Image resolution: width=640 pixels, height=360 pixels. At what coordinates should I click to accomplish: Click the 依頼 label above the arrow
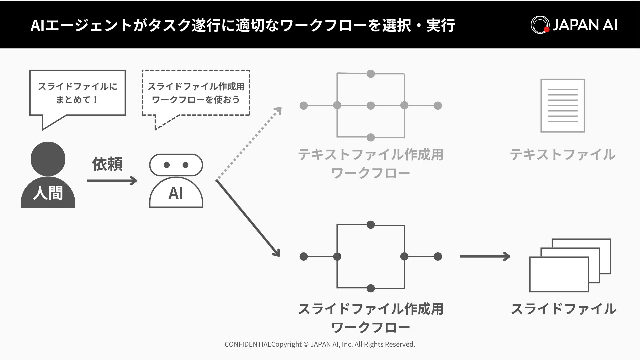(107, 164)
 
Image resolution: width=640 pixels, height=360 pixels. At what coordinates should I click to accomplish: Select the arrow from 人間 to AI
(112, 181)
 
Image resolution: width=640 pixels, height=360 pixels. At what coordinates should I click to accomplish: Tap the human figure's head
(48, 159)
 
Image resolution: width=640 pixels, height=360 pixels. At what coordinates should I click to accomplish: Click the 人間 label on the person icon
(48, 193)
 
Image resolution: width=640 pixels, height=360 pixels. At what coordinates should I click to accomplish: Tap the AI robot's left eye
(167, 165)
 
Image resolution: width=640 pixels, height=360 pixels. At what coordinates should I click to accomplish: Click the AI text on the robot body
(176, 193)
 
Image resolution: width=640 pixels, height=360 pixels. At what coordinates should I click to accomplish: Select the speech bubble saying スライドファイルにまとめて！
(77, 93)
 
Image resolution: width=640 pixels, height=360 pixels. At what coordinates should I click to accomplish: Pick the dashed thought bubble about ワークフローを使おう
(196, 93)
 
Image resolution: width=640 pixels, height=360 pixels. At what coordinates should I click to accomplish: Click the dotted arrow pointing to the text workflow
(249, 143)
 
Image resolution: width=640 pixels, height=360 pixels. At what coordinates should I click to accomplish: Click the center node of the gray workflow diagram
(371, 106)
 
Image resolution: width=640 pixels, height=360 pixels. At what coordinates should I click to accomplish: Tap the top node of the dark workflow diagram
(371, 225)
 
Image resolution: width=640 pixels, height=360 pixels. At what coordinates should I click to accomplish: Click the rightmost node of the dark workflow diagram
(438, 256)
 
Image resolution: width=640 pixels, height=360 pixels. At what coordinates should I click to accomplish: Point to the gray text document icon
(563, 106)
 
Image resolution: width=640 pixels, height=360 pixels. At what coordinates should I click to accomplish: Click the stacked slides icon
(570, 265)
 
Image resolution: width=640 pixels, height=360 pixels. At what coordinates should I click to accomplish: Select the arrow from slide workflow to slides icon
(485, 256)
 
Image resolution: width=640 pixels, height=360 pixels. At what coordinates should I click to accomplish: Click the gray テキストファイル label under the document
(563, 155)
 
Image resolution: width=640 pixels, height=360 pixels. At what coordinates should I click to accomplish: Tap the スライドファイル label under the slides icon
(563, 309)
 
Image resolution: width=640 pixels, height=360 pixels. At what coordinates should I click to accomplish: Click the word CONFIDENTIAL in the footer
(248, 344)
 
